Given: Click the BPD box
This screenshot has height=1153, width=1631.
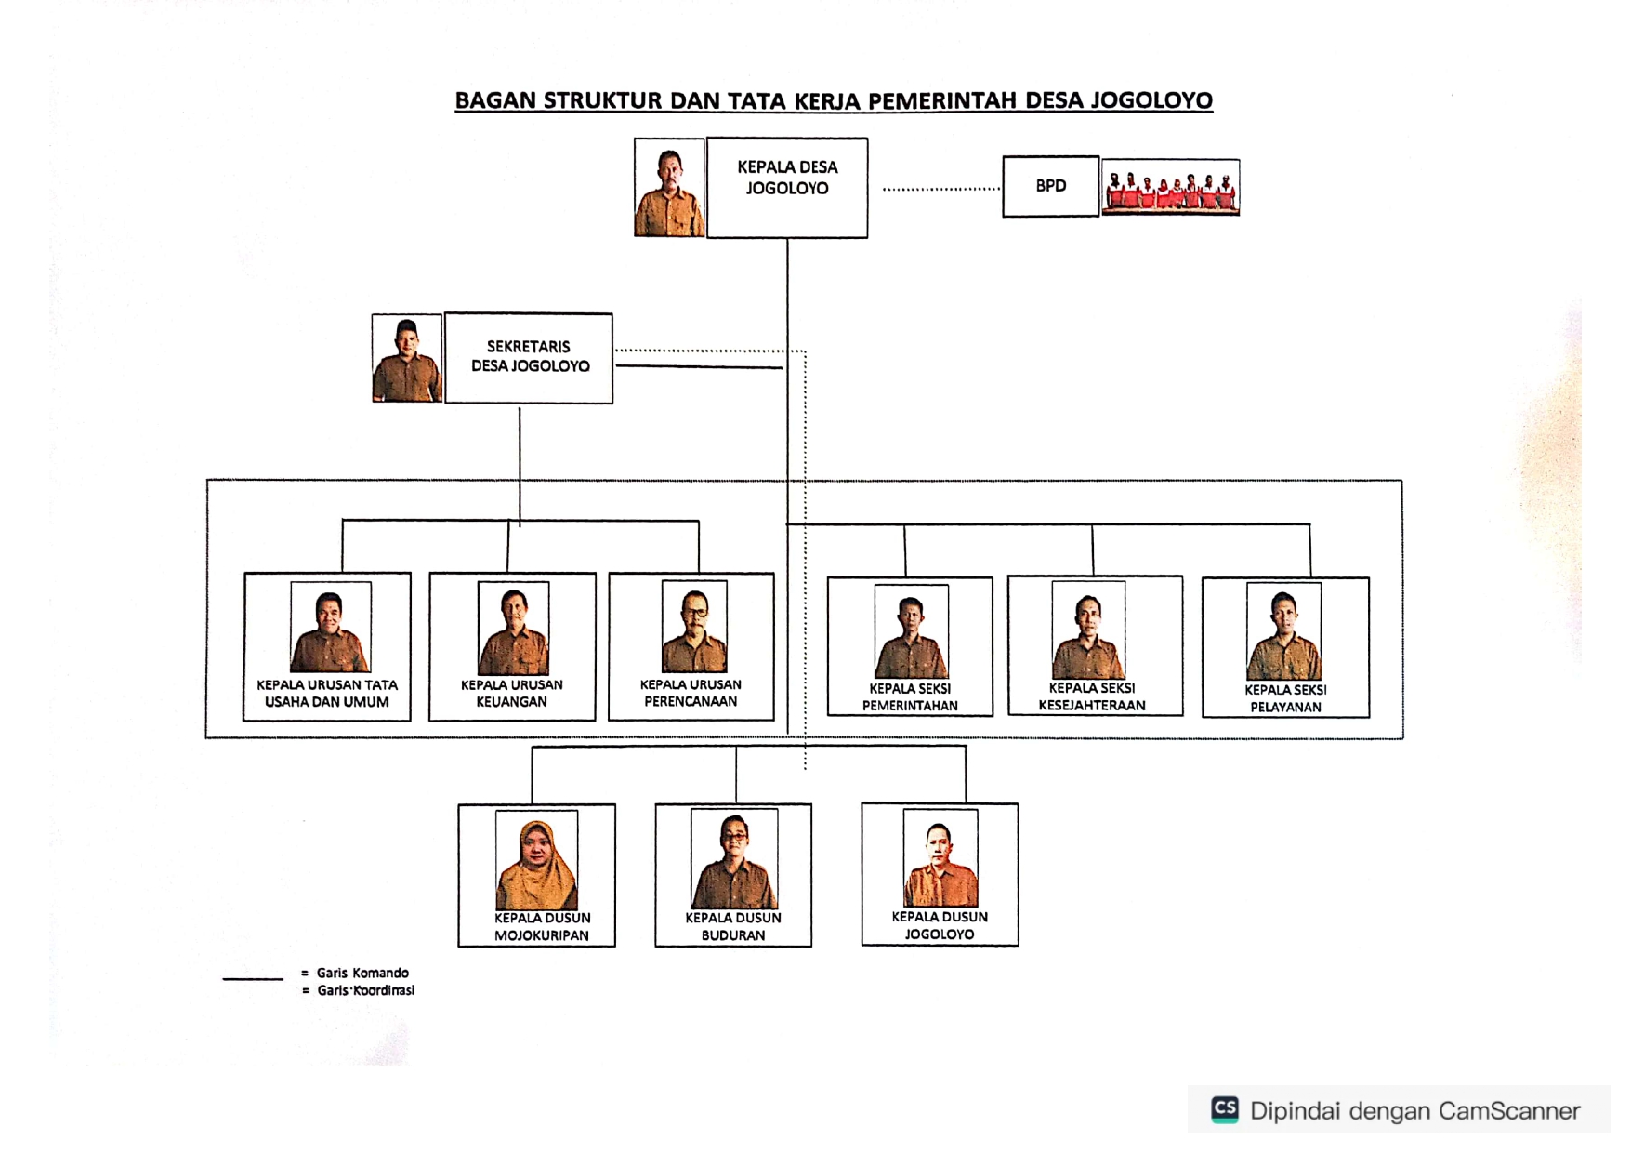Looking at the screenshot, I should click(x=1050, y=186).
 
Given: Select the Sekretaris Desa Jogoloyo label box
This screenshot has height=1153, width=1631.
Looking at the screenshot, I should click(x=529, y=357).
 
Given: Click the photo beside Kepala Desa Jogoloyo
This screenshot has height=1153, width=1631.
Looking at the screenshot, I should click(x=669, y=188).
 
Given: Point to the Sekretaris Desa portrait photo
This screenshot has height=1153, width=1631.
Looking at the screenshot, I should click(x=407, y=358).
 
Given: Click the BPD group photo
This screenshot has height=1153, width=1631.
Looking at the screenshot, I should click(x=1170, y=188).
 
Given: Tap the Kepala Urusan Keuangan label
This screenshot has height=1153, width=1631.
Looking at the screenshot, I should click(x=512, y=694).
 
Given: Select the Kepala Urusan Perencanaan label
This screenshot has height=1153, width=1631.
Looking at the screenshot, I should click(x=691, y=694).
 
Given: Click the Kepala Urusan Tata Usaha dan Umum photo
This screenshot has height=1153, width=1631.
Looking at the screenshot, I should click(x=330, y=627).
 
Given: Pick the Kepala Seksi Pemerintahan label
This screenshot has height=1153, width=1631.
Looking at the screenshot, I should click(x=910, y=697).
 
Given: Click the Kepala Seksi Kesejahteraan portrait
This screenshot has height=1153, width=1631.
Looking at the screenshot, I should click(x=1088, y=630).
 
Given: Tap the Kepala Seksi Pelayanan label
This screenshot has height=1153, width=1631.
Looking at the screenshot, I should click(x=1285, y=698).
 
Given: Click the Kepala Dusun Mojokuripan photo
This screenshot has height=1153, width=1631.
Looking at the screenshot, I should click(x=537, y=860).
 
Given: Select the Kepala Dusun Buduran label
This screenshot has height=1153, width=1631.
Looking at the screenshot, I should click(x=733, y=926).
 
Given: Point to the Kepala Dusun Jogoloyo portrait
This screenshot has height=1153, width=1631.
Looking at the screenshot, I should click(x=940, y=858).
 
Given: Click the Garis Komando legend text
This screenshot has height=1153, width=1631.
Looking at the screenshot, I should click(x=362, y=973).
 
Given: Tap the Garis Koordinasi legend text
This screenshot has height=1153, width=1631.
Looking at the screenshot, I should click(x=365, y=990).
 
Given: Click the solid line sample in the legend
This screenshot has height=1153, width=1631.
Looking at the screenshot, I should click(x=253, y=978).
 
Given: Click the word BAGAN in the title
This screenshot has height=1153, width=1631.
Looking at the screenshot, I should click(x=494, y=100).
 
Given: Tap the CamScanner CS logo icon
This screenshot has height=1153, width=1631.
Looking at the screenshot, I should click(x=1225, y=1109).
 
